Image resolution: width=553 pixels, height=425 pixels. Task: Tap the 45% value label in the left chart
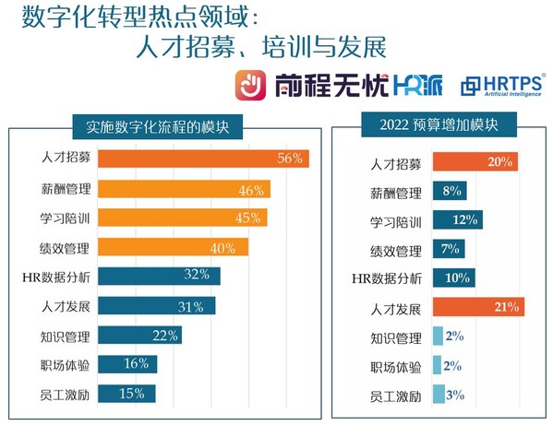click(x=250, y=218)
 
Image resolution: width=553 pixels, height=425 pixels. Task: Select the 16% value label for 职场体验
click(x=137, y=364)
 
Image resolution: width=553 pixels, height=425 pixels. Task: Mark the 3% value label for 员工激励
click(x=454, y=395)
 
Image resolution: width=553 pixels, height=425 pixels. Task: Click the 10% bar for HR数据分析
click(x=452, y=277)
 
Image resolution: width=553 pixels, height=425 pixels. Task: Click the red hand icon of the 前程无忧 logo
click(x=251, y=86)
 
